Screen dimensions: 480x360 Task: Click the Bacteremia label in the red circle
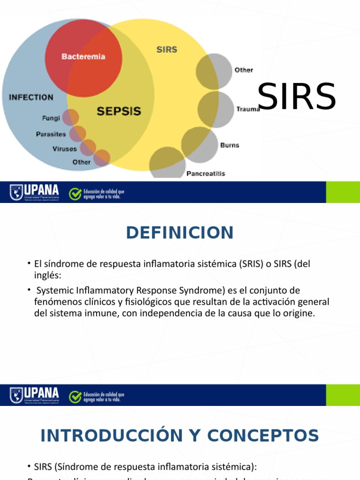pyautogui.click(x=83, y=56)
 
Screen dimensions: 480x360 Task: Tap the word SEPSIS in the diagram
pyautogui.click(x=119, y=112)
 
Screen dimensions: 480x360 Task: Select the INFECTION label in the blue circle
pyautogui.click(x=31, y=97)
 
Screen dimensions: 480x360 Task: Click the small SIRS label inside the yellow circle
pyautogui.click(x=166, y=49)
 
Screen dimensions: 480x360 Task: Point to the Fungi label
pyautogui.click(x=51, y=119)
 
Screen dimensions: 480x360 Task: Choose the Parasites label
pyautogui.click(x=51, y=134)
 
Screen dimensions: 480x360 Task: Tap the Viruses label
pyautogui.click(x=65, y=149)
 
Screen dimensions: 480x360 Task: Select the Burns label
pyautogui.click(x=230, y=145)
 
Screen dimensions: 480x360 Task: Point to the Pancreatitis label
pyautogui.click(x=206, y=173)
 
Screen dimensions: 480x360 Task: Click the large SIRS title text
pyautogui.click(x=297, y=97)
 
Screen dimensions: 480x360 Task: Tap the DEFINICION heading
pyautogui.click(x=180, y=232)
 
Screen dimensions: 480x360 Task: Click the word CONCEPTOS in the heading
pyautogui.click(x=263, y=435)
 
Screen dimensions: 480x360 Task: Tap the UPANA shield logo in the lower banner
pyautogui.click(x=16, y=395)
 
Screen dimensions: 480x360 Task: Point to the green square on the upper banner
pyautogui.click(x=343, y=192)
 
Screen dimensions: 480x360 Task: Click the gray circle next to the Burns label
pyautogui.click(x=199, y=142)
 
